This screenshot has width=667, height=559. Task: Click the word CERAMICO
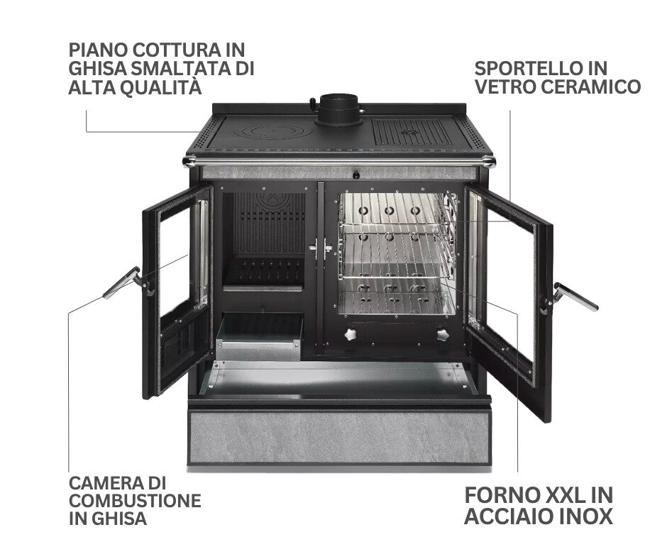coord(591,87)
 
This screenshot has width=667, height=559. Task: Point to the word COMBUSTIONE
coord(135,501)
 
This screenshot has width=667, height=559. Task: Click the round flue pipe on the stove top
coord(340,109)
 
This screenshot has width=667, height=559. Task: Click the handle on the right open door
coord(574,296)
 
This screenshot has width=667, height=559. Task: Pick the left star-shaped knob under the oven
coord(352,334)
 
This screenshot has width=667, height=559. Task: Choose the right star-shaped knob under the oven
coord(443,334)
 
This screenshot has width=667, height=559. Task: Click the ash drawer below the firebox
coord(259,336)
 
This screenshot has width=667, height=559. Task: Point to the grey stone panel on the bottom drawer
coord(339,436)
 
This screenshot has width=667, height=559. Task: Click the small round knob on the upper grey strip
coord(355,175)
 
